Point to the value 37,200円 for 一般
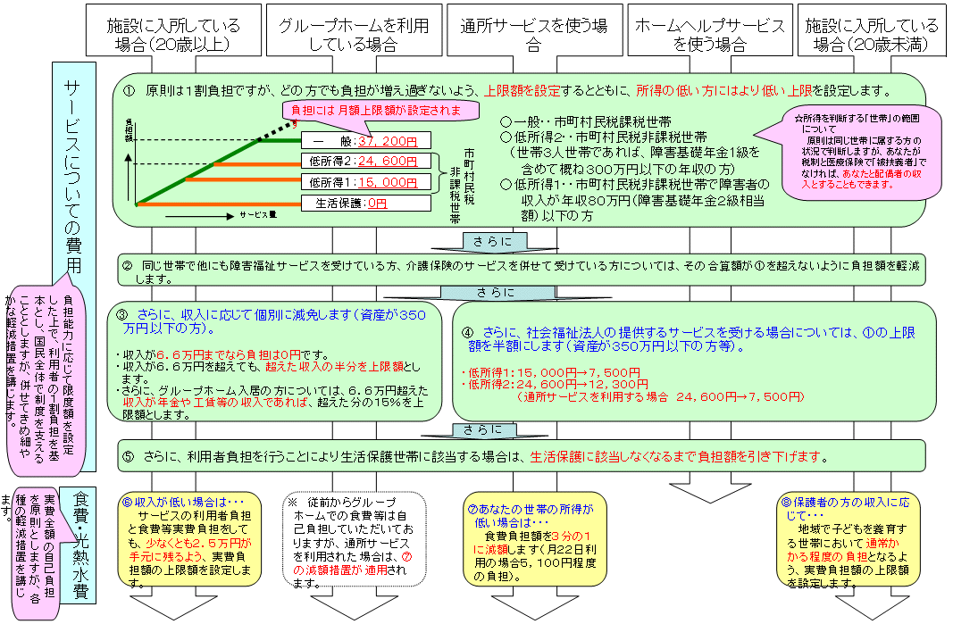(388, 140)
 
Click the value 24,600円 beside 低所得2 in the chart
(387, 162)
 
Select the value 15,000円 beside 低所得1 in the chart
(387, 182)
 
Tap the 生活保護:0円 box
(352, 203)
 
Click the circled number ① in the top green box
(130, 91)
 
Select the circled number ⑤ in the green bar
(129, 456)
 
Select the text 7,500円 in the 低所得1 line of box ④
(619, 372)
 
